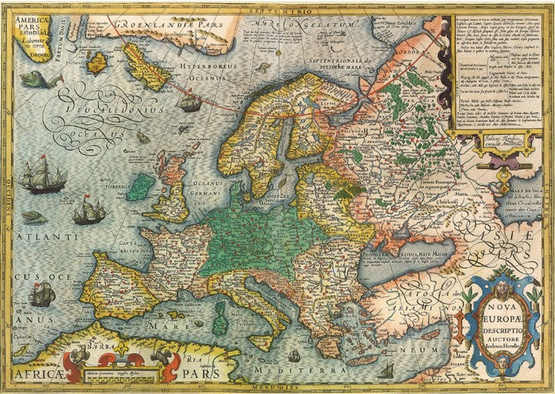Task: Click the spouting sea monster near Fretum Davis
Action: (x=34, y=79)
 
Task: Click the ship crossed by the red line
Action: (x=190, y=101)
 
